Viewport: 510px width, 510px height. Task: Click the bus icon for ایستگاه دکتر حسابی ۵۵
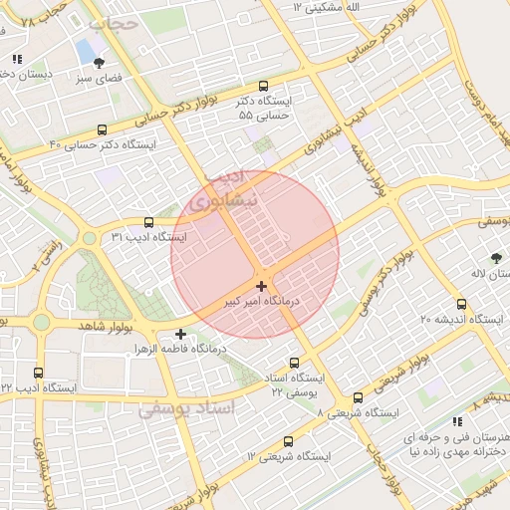pyautogui.click(x=263, y=87)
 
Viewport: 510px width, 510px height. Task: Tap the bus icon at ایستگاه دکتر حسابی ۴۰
pyautogui.click(x=103, y=129)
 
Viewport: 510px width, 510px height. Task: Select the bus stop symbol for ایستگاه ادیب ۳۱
pyautogui.click(x=148, y=223)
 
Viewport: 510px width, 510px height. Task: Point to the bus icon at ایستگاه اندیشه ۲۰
pyautogui.click(x=460, y=304)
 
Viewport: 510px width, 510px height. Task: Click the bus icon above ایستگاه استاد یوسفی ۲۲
pyautogui.click(x=293, y=364)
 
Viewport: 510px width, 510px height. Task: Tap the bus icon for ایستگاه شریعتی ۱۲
pyautogui.click(x=289, y=441)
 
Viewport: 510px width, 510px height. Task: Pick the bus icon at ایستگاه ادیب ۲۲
pyautogui.click(x=39, y=373)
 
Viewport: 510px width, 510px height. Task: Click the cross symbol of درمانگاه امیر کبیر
pyautogui.click(x=261, y=286)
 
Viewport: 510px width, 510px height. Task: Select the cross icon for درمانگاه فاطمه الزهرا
pyautogui.click(x=180, y=335)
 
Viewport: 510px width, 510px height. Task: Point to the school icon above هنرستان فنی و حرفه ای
pyautogui.click(x=457, y=422)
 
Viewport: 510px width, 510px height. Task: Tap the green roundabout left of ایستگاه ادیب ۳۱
pyautogui.click(x=90, y=238)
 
